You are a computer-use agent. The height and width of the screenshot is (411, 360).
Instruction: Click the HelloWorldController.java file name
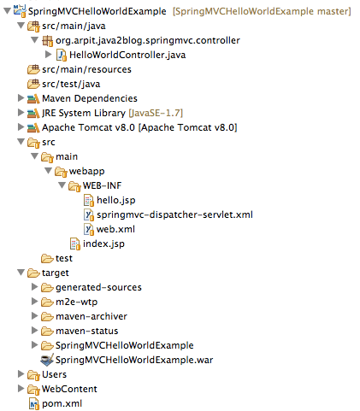(x=127, y=55)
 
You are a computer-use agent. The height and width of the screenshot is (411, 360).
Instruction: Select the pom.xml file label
(x=62, y=403)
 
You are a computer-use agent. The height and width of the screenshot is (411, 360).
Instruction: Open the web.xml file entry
(x=115, y=229)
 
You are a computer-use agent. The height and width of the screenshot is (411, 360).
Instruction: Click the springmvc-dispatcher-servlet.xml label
(x=174, y=214)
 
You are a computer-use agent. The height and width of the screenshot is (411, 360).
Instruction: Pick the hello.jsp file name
(x=116, y=200)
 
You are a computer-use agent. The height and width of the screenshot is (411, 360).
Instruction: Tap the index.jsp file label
(x=103, y=244)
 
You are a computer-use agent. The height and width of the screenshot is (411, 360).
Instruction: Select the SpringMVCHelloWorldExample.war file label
(x=134, y=360)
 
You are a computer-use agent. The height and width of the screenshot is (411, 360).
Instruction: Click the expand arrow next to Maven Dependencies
(x=21, y=98)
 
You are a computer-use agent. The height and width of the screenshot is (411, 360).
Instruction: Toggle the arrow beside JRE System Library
(x=21, y=113)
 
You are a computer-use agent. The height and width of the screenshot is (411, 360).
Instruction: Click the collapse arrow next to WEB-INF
(x=62, y=185)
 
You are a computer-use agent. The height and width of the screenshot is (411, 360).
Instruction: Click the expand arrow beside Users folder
(x=21, y=374)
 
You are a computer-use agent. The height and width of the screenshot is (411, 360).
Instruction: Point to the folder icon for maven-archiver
(x=47, y=316)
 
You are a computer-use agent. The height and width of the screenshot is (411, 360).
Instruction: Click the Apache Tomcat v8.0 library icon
(x=33, y=128)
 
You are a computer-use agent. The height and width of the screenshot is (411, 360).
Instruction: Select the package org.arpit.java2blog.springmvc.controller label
(x=148, y=40)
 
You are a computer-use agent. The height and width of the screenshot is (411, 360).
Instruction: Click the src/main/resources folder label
(x=86, y=69)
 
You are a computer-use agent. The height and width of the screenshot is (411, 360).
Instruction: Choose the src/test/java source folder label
(x=71, y=84)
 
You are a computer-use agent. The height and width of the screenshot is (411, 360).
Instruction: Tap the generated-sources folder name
(x=98, y=287)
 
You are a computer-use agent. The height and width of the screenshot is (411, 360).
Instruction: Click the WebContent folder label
(x=69, y=389)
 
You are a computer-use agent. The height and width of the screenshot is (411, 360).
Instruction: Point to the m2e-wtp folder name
(x=76, y=302)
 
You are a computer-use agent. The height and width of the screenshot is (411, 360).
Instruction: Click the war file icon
(x=47, y=360)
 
